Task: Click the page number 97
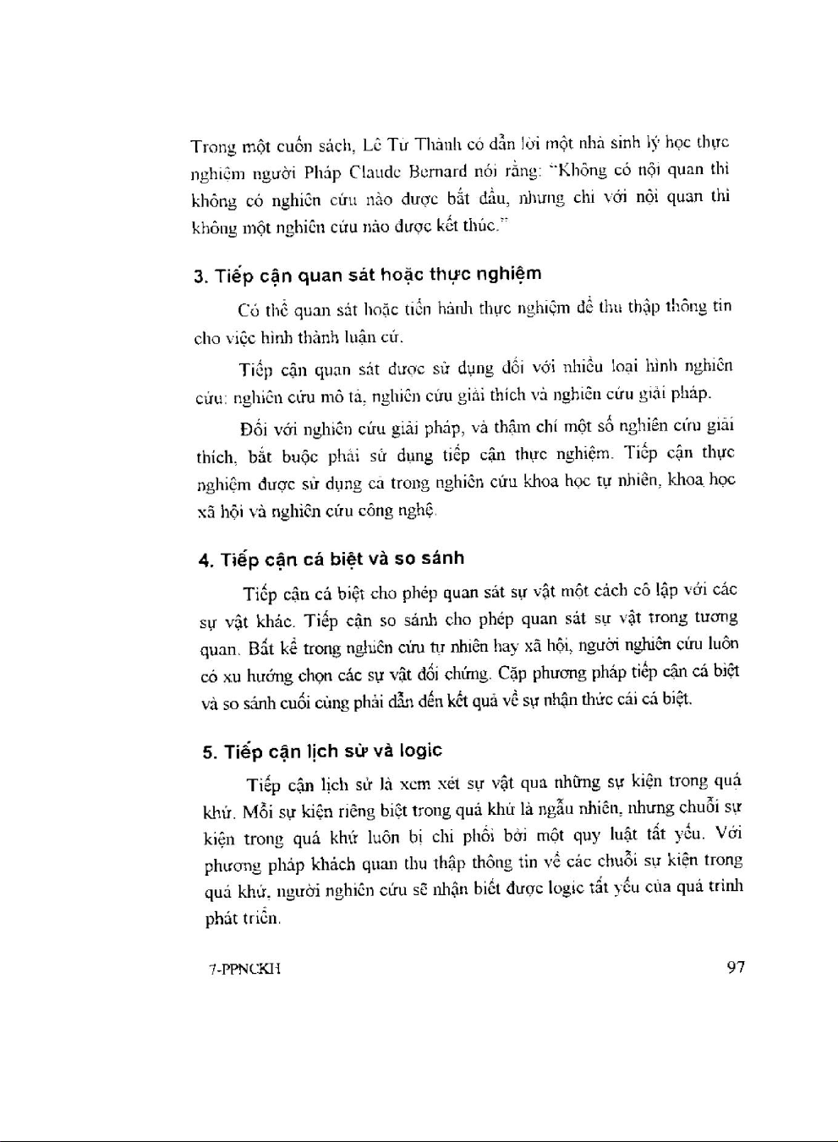736,967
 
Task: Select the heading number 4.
204,560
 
